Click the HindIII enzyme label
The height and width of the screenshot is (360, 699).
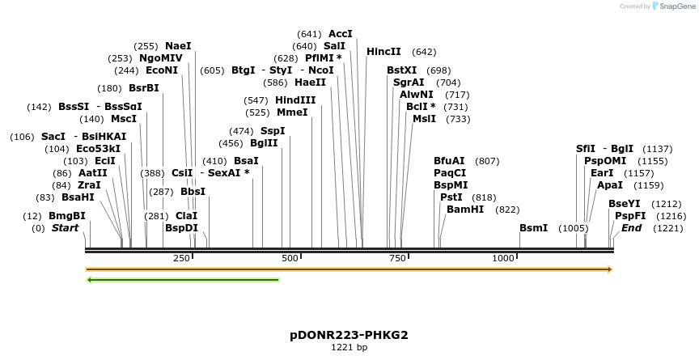coord(295,100)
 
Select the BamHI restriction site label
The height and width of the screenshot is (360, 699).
coord(465,210)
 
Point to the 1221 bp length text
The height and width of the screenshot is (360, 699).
coord(349,348)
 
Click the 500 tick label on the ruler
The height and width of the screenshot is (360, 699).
coord(290,258)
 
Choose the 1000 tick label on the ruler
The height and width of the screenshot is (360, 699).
coord(503,258)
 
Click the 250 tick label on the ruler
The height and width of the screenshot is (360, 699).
coord(181,258)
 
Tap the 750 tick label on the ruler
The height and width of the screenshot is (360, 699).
coord(396,258)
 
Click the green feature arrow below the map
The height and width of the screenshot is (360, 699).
coord(182,280)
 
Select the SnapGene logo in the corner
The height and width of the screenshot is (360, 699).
coord(674,6)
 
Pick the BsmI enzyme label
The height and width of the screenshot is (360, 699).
coord(533,228)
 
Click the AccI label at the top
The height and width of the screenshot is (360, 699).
coord(341,34)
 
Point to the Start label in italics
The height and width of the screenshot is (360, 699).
coord(66,228)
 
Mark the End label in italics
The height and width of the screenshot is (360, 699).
coord(631,228)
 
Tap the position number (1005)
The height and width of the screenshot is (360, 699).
coord(574,228)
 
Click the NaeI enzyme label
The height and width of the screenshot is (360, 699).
coord(178,46)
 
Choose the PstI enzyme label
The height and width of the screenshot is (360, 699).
coord(451,197)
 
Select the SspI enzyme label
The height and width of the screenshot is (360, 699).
coord(273,131)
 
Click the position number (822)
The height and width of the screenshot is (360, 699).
coord(507,210)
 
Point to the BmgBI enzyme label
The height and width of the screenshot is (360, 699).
coord(67,216)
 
